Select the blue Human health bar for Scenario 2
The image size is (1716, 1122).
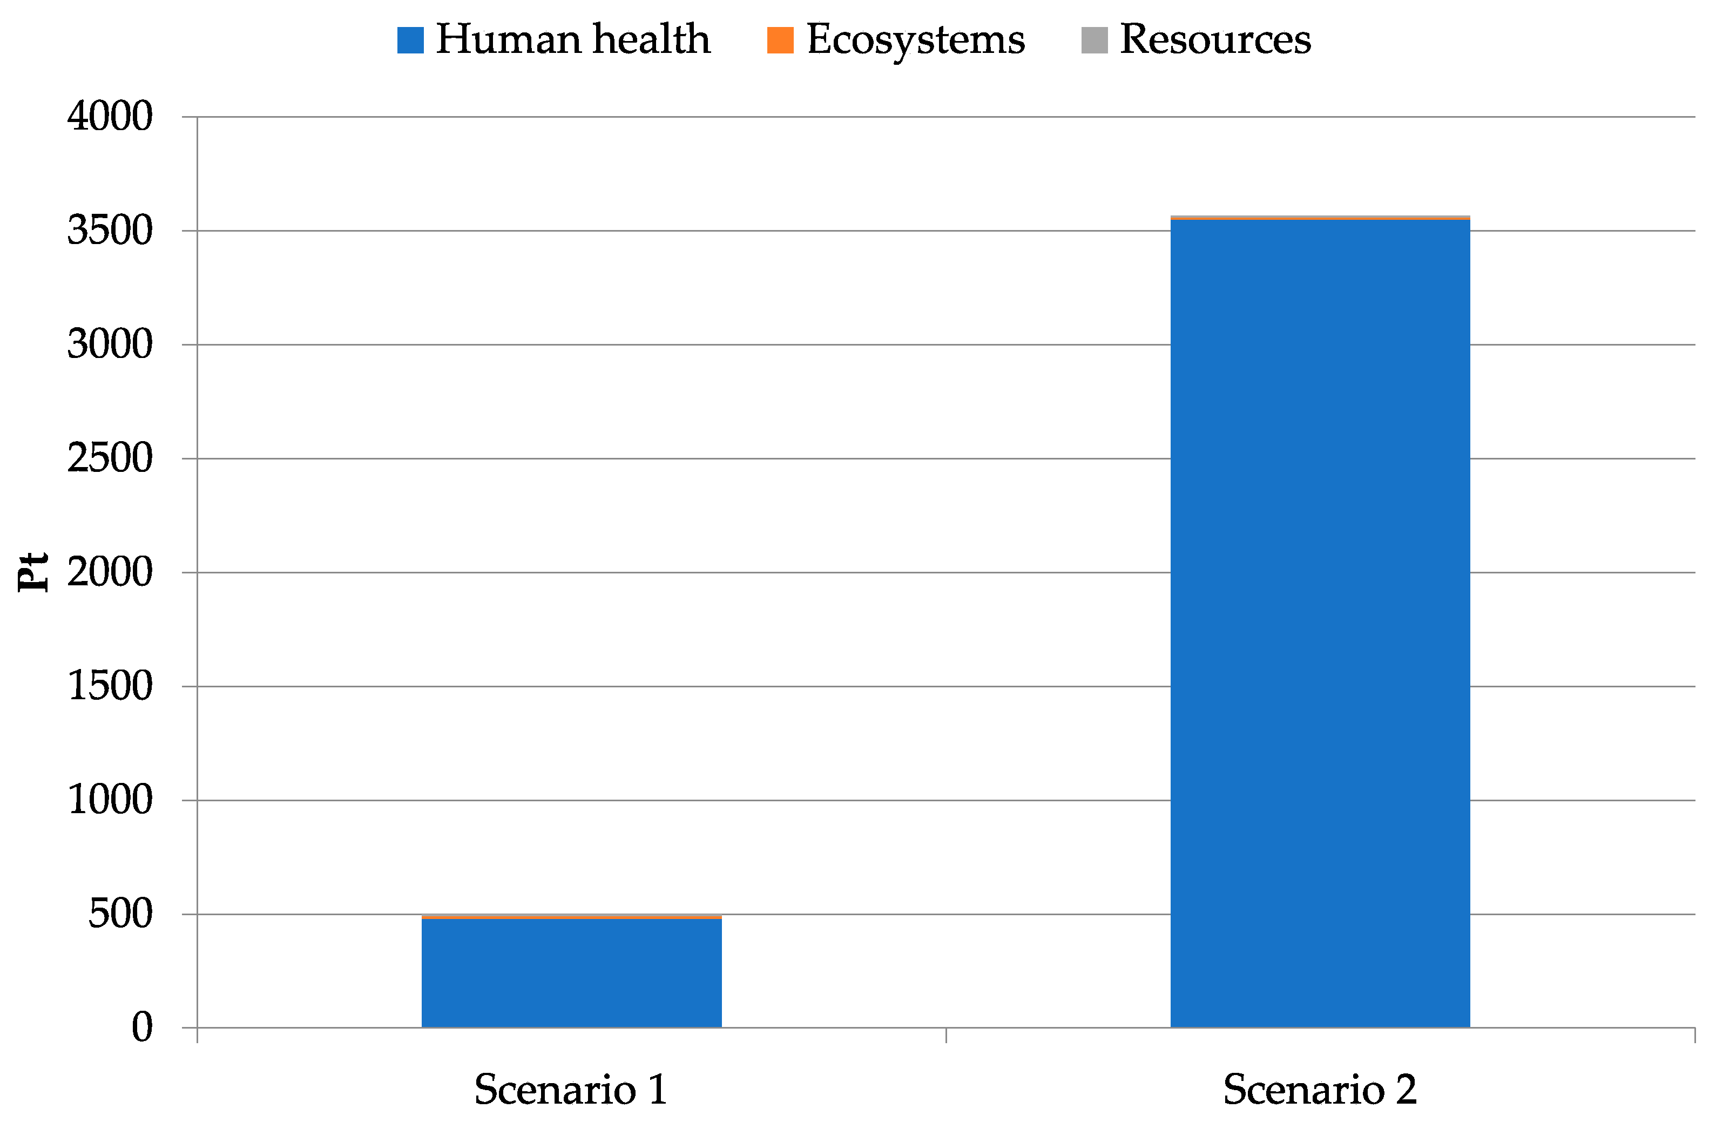tap(1320, 623)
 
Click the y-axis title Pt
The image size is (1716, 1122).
tap(33, 572)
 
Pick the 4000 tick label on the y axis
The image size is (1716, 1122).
tap(110, 116)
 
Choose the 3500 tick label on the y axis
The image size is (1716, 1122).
tap(110, 231)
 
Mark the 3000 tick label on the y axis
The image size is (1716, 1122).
tap(110, 344)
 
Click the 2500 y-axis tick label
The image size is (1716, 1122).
tap(110, 458)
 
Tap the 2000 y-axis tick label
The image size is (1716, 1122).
tap(110, 572)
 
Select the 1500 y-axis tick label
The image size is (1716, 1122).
tap(110, 686)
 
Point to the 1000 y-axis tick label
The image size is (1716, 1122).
tap(110, 800)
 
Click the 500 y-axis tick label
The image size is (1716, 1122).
tap(120, 914)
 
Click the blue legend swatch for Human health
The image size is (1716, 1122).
tap(410, 39)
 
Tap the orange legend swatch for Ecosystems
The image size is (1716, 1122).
tap(780, 39)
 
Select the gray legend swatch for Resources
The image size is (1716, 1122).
tap(1095, 39)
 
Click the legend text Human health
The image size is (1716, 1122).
tap(573, 39)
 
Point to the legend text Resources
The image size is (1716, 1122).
tap(1215, 39)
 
